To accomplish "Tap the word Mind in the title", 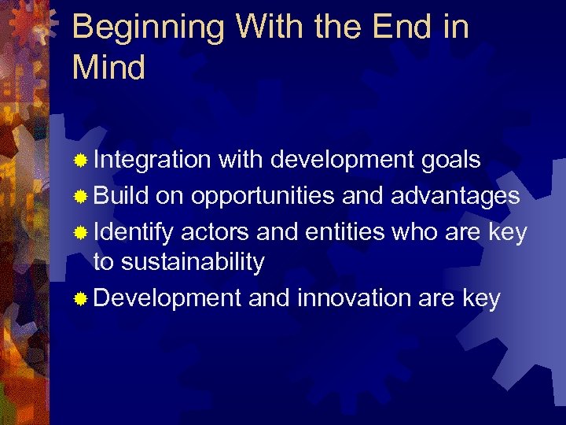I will pos(108,68).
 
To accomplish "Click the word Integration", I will pos(152,161).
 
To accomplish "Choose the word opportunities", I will pos(266,195).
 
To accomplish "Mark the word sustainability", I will pos(178,262).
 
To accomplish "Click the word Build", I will pos(121,195).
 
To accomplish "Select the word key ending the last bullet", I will pos(479,299).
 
